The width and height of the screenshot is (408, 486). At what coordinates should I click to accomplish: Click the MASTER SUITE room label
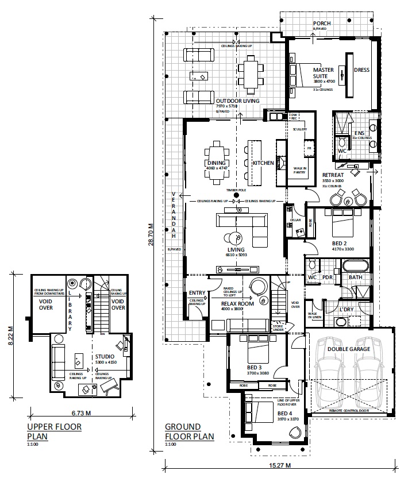(x=323, y=73)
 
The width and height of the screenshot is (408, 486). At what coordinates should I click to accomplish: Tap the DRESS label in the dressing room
(x=361, y=70)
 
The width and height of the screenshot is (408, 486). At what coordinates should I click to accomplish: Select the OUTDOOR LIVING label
(x=238, y=101)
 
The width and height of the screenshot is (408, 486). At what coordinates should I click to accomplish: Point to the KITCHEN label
(x=263, y=163)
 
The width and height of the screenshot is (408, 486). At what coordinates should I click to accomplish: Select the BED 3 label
(x=254, y=368)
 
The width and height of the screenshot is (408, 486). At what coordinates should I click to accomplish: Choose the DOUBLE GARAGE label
(x=348, y=348)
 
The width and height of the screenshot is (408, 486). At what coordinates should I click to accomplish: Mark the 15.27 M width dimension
(x=280, y=465)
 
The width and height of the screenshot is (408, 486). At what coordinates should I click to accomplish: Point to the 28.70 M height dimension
(x=151, y=234)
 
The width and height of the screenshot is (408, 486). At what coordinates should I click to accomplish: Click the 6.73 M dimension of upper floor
(x=81, y=412)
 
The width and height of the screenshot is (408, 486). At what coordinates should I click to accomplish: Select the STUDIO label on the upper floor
(x=105, y=356)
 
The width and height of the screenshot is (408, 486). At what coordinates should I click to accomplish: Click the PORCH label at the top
(x=322, y=23)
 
